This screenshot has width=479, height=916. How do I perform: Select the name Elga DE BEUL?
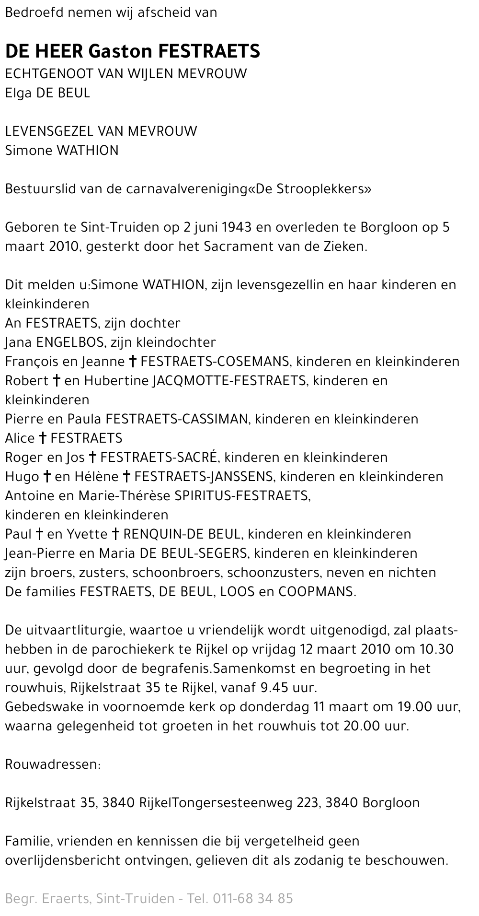pos(47,93)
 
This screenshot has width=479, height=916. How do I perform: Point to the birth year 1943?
pos(236,227)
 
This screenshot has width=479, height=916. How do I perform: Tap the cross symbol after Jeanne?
pos(134,362)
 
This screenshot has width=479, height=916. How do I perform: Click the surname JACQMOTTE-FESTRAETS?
pos(228,381)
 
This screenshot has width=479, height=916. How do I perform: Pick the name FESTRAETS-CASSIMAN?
pos(177,419)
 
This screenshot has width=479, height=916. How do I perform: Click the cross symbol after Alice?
pos(43,438)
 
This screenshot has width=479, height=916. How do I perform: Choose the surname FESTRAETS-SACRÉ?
pos(159,458)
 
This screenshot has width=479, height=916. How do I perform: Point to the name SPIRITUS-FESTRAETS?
pos(242,496)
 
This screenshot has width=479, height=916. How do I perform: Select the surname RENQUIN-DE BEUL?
pos(184,534)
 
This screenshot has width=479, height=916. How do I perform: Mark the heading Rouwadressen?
pos(53,764)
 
